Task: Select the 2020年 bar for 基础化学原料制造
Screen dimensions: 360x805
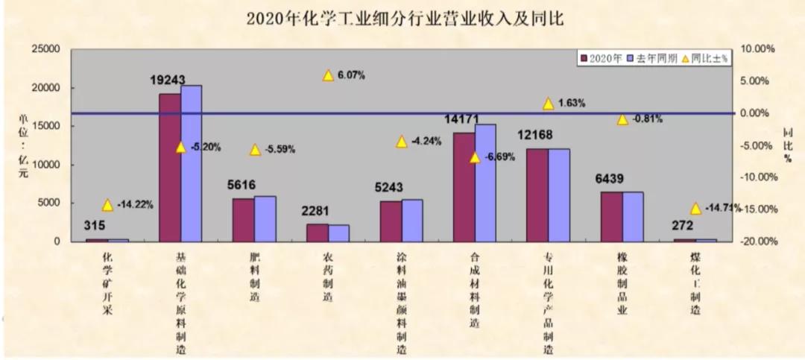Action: click(170, 167)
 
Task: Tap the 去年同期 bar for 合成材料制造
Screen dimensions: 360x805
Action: click(485, 183)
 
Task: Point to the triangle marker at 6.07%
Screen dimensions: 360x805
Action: click(328, 75)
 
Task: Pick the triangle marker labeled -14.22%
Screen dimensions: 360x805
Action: click(107, 205)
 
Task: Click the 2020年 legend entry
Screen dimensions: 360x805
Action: click(601, 58)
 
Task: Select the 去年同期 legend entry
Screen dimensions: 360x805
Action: click(652, 58)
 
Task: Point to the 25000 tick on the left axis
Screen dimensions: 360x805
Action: click(44, 49)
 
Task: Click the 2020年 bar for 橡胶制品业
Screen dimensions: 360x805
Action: click(611, 216)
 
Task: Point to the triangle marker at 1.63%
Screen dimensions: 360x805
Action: click(549, 104)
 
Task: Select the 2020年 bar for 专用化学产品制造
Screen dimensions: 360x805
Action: click(537, 195)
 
